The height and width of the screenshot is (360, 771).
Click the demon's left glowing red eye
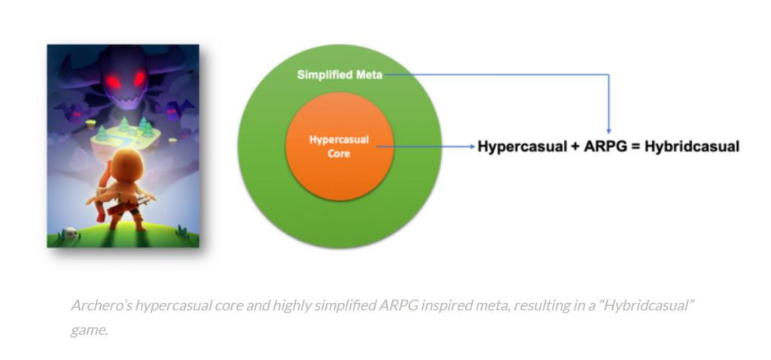[x=114, y=82]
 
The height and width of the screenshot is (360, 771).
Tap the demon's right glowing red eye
[x=140, y=78]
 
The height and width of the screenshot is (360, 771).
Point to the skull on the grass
[x=71, y=234]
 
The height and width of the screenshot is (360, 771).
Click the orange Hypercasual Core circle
[x=340, y=146]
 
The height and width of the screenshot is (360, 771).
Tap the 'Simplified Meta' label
[x=340, y=75]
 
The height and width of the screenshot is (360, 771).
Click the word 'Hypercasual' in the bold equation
[x=523, y=147]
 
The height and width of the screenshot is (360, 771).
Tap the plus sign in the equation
[x=575, y=147]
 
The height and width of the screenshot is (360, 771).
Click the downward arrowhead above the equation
[x=608, y=131]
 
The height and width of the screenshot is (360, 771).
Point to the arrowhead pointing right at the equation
[x=473, y=146]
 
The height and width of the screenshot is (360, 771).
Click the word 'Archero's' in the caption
[x=101, y=306]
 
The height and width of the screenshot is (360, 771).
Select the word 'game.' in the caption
[x=89, y=330]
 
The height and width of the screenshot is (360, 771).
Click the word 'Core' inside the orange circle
[x=340, y=154]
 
